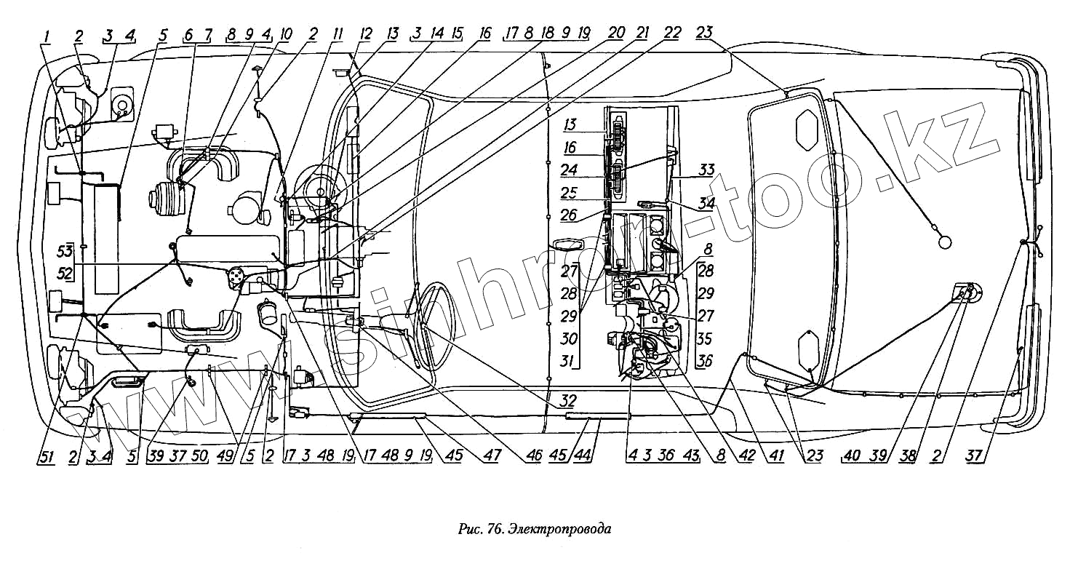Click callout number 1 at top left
click(46, 33)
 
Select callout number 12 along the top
click(365, 33)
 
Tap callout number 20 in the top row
click(616, 33)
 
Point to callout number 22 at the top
click(672, 33)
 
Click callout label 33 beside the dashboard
click(706, 171)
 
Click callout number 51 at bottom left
click(45, 456)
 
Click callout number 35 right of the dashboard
click(705, 339)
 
